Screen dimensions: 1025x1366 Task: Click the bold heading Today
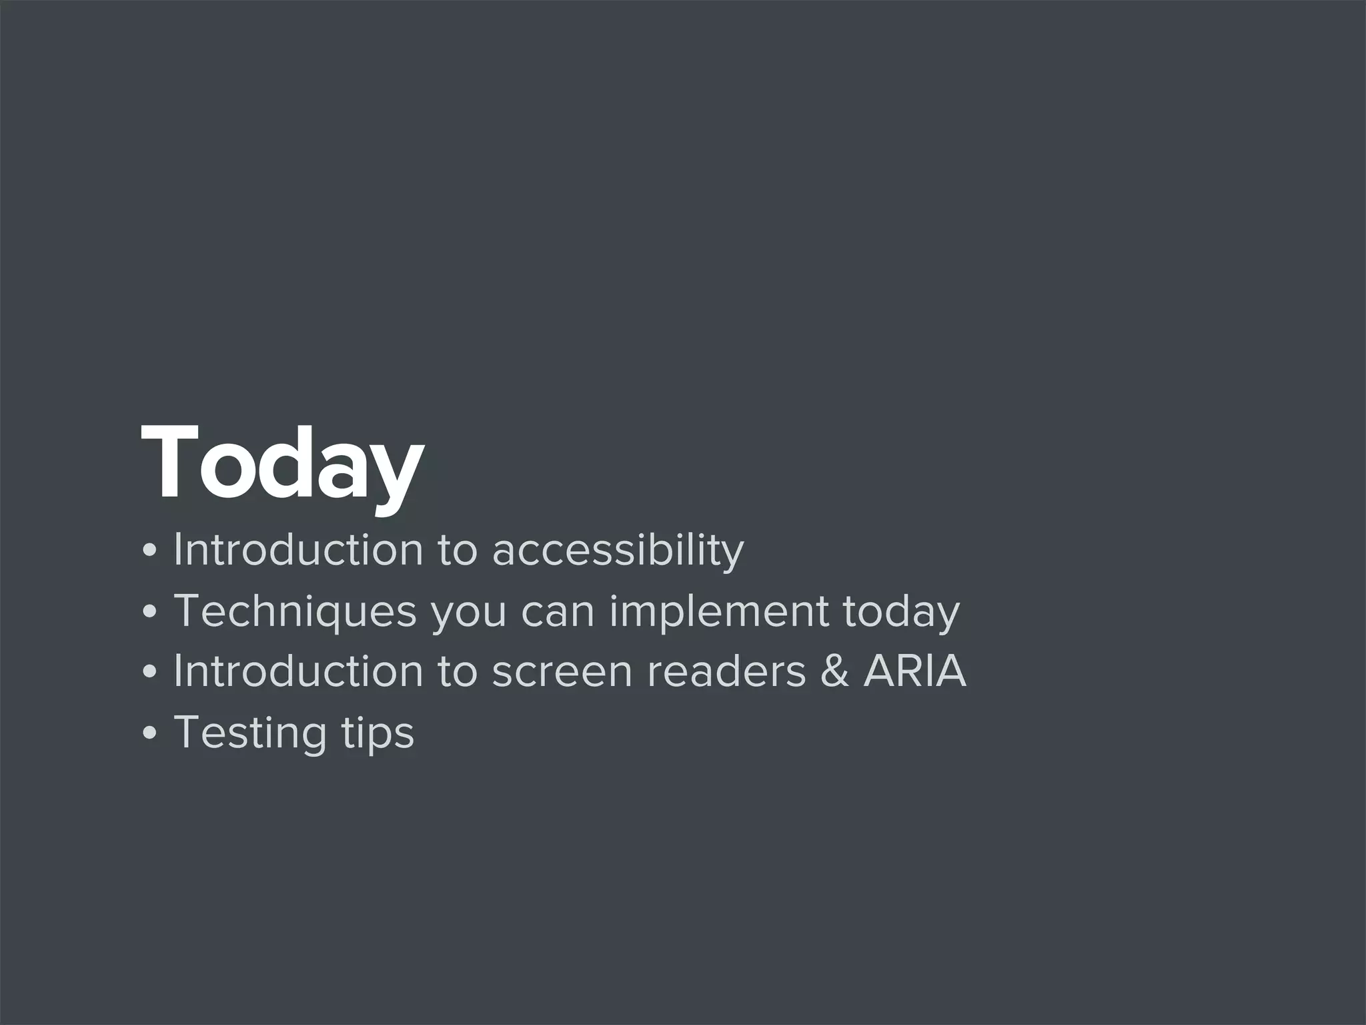(281, 463)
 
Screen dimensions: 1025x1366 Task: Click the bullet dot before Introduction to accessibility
(150, 551)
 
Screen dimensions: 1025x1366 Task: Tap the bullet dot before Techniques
(150, 612)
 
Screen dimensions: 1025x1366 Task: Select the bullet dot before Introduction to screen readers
(150, 673)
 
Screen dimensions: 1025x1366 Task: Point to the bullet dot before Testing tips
(150, 733)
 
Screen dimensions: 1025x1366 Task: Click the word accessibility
(618, 551)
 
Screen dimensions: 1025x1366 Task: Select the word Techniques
(295, 612)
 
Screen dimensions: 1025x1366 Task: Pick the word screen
(562, 673)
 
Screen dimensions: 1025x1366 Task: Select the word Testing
(250, 733)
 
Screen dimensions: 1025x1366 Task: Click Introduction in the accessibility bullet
(298, 551)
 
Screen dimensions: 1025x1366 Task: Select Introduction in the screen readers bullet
(298, 673)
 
